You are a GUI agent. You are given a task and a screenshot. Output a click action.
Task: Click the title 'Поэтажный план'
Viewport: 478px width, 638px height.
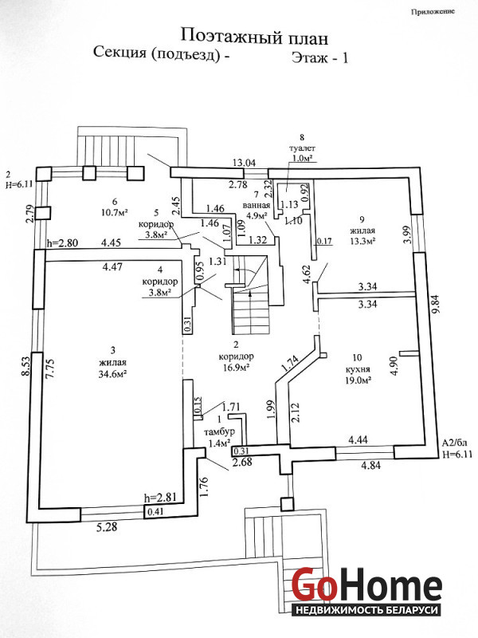(x=254, y=36)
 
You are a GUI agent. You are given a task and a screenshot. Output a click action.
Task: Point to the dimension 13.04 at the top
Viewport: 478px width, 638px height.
(x=245, y=163)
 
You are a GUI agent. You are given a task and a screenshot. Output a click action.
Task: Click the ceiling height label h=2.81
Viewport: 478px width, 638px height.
(x=159, y=498)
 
